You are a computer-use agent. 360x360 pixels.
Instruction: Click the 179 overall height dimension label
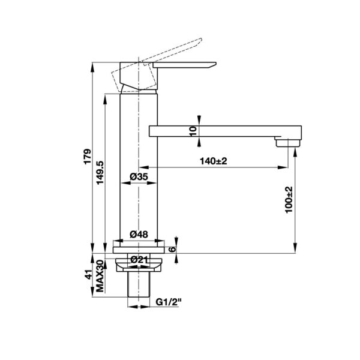(x=87, y=157)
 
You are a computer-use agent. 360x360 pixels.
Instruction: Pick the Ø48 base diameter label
(x=139, y=235)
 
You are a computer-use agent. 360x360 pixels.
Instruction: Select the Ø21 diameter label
(x=139, y=259)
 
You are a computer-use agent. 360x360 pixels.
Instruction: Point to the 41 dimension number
(x=88, y=275)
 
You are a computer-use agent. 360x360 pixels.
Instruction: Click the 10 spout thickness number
(x=193, y=131)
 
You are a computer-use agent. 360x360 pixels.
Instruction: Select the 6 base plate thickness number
(x=172, y=249)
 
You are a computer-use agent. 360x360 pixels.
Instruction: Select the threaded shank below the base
(x=139, y=289)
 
